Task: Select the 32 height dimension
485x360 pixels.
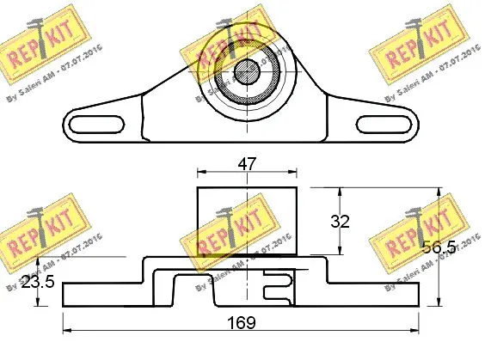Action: pyautogui.click(x=341, y=221)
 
